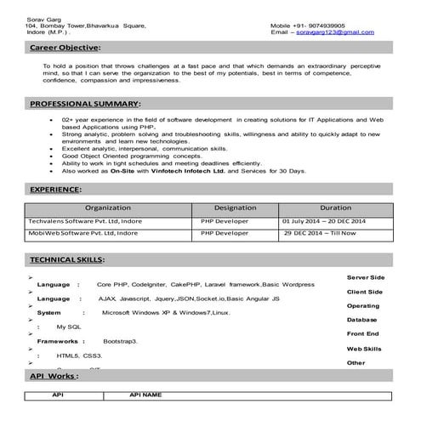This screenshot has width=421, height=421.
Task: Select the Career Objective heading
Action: coord(64,48)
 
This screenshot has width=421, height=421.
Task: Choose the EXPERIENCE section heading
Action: coord(55,189)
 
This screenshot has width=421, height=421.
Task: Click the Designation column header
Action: coord(235,208)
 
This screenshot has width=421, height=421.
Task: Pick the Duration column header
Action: coord(335,208)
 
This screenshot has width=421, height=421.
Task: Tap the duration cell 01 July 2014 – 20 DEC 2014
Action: coord(324,221)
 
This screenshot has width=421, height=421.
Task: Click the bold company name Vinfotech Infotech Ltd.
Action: coord(183,171)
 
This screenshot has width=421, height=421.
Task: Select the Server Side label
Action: coord(366,277)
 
